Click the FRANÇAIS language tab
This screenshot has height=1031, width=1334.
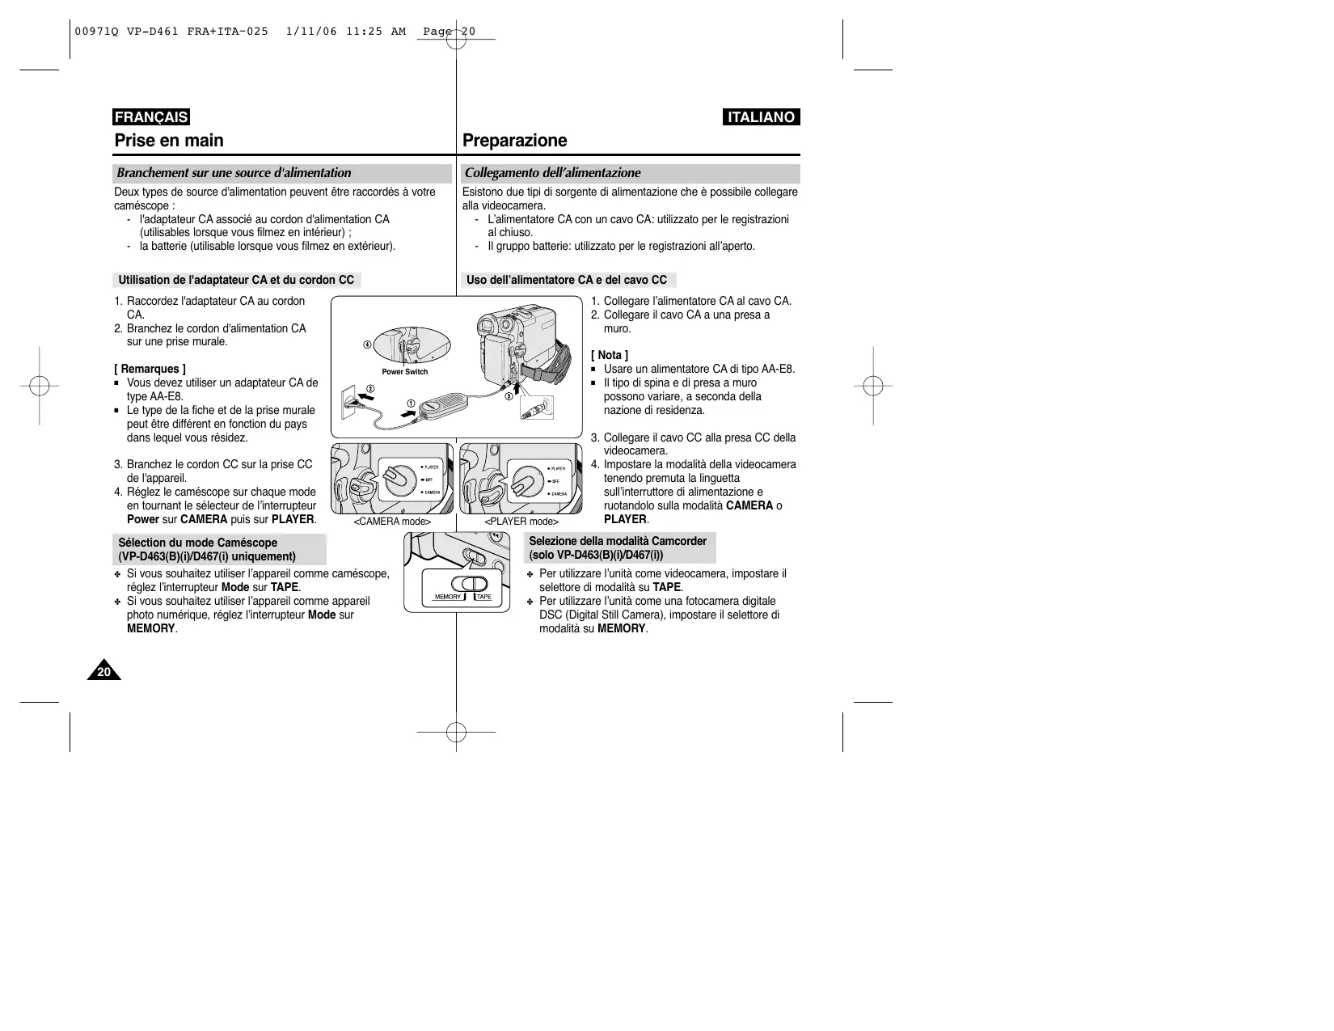tap(151, 117)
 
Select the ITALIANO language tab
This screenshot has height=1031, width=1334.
tap(761, 117)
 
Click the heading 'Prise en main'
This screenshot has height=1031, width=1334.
tap(169, 141)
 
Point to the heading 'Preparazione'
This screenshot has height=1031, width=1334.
tap(514, 141)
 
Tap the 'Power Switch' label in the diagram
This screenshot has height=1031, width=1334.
tap(404, 372)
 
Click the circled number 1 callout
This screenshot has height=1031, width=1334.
tap(411, 404)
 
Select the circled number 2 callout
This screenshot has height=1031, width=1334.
tap(370, 389)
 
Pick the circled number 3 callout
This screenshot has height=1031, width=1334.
tap(509, 396)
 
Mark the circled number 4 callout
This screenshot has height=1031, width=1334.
tap(367, 345)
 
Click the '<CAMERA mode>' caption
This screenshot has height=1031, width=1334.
tap(392, 522)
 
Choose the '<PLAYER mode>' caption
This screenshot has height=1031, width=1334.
tap(521, 522)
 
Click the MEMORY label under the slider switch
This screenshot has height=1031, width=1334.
tap(448, 597)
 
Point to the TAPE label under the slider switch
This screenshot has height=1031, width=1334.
tap(483, 597)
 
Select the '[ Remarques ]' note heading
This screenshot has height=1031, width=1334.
tap(150, 370)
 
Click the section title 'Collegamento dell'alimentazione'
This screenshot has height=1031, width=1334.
tap(552, 173)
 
